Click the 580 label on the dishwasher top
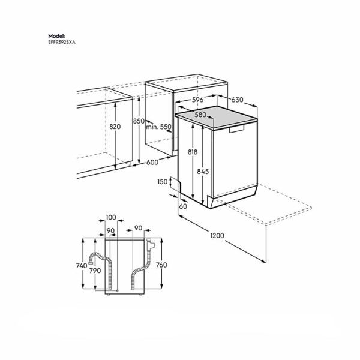200,115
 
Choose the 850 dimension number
139,121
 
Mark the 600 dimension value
152,161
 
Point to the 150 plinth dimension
163,182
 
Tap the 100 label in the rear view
110,217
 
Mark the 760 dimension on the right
161,265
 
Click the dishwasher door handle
239,128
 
